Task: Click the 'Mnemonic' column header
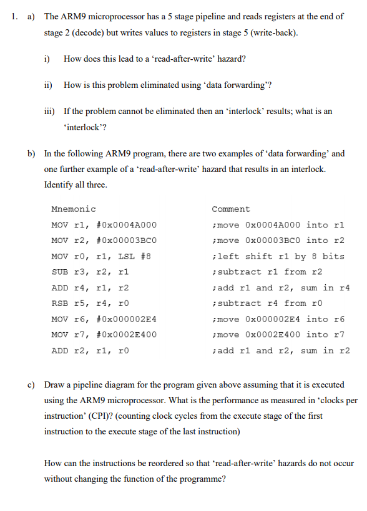[x=73, y=209]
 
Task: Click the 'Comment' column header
[x=230, y=209]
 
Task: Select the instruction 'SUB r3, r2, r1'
[x=91, y=272]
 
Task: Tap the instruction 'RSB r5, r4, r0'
[x=91, y=303]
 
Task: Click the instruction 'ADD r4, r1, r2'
[x=91, y=288]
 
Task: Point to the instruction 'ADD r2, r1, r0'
[x=91, y=350]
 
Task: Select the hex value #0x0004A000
[x=127, y=225]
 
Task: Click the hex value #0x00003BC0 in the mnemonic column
[x=127, y=241]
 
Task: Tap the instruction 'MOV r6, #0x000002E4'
[x=104, y=319]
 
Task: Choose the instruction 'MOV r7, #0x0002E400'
[x=104, y=335]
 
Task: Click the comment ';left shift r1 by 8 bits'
[x=278, y=256]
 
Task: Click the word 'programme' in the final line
[x=203, y=479]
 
